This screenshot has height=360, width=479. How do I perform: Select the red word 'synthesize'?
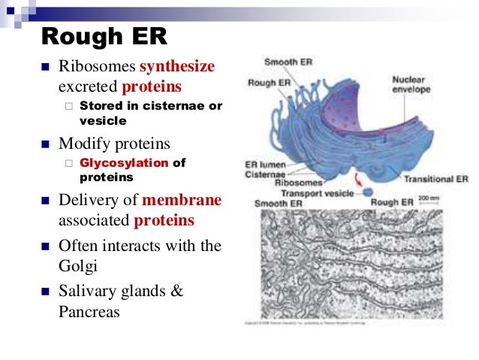[178, 67]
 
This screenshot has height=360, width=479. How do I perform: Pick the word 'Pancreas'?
[89, 310]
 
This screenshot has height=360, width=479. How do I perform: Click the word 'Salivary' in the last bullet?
[86, 290]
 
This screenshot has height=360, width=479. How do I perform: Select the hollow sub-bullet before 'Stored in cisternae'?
[68, 106]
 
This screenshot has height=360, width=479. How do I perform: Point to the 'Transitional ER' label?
[435, 180]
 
